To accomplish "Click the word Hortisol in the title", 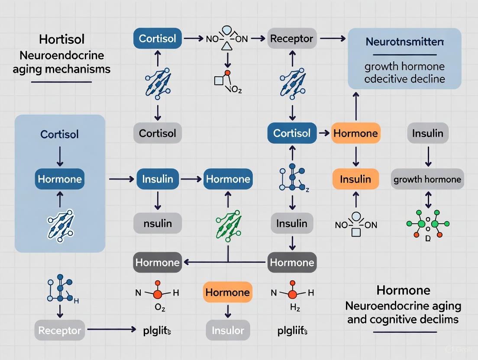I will [61, 39].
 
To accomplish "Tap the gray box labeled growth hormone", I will [427, 179].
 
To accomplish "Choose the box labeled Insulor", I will [228, 331].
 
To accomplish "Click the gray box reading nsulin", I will [157, 223].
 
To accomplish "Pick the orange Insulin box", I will [355, 179].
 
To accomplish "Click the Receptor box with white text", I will [59, 331].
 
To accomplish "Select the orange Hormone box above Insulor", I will [228, 292].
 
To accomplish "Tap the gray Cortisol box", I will [157, 133].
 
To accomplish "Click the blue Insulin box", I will [157, 179].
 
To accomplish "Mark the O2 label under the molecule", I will [158, 309].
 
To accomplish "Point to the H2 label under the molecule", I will [292, 309].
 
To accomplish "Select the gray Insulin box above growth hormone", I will [427, 133].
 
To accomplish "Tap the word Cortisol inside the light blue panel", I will [60, 134].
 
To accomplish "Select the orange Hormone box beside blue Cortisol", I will [355, 133].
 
